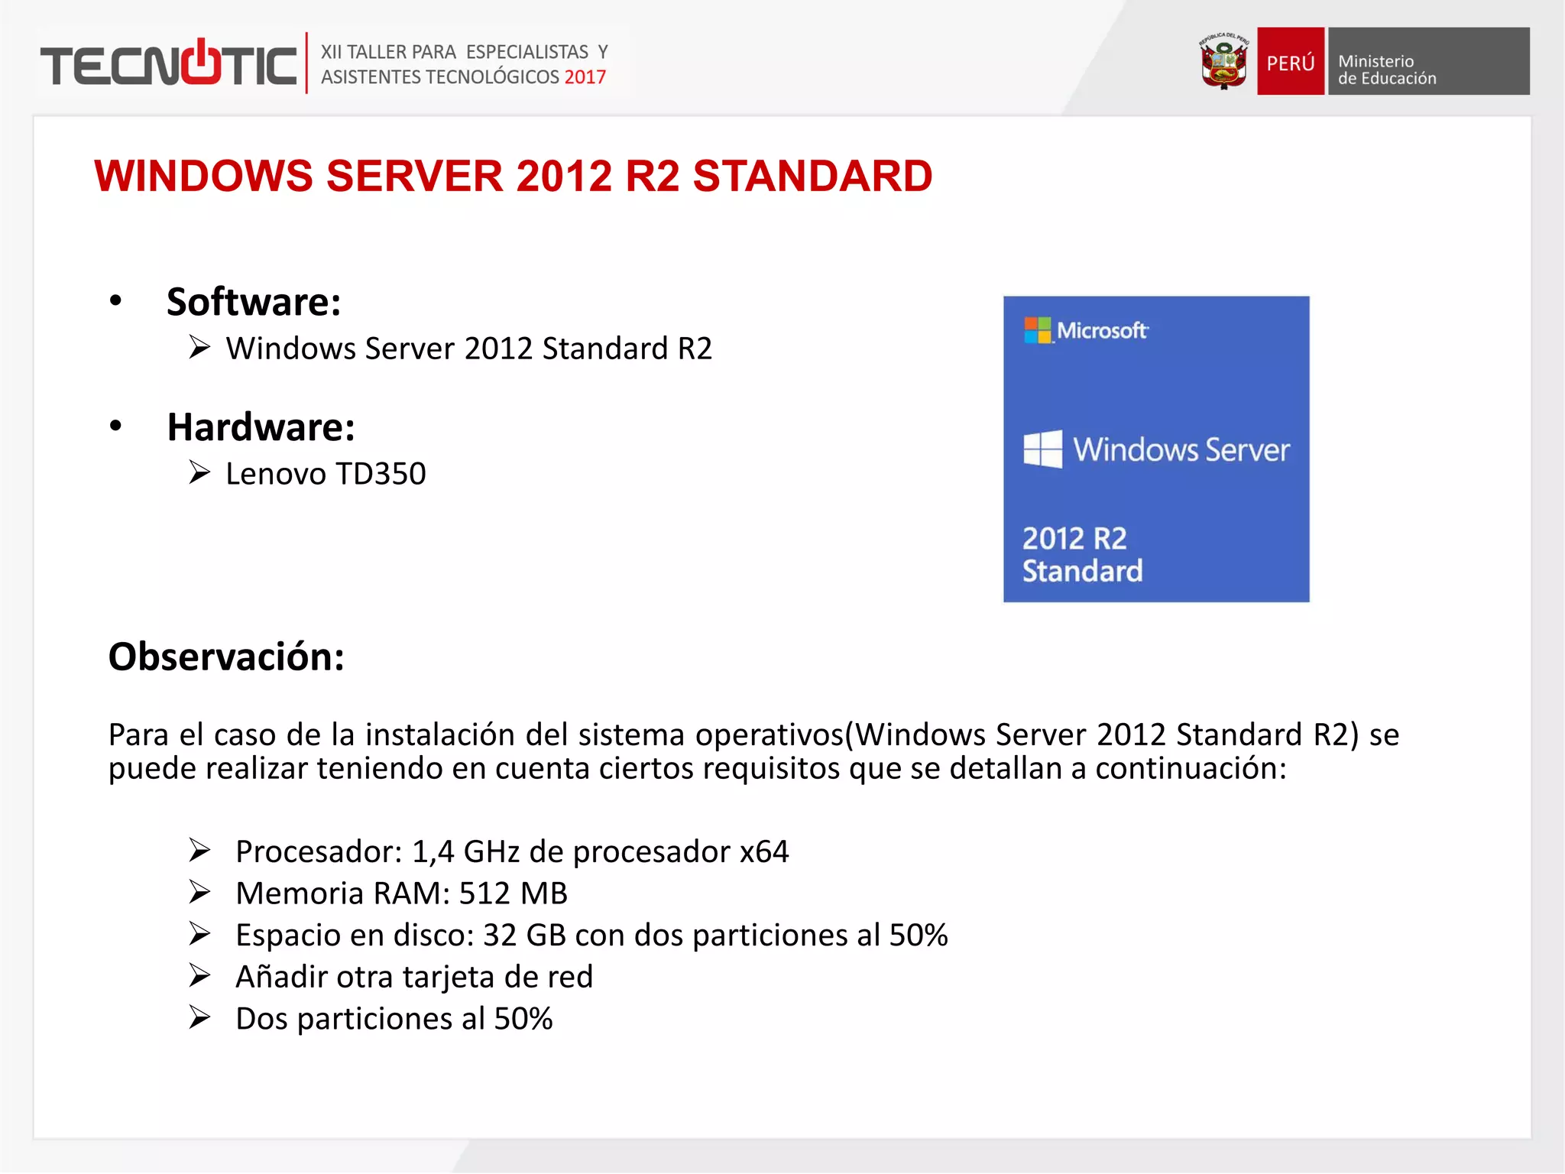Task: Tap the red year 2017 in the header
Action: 585,77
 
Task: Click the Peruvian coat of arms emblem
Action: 1223,61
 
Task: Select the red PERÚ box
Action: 1290,62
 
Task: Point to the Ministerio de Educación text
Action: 1386,70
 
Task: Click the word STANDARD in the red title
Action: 812,177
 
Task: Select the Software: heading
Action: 254,302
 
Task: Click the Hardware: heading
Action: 261,427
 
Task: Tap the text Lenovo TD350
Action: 326,474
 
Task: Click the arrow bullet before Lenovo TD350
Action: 199,473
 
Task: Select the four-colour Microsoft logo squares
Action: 1037,330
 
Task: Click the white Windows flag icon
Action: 1042,449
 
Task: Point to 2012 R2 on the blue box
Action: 1074,539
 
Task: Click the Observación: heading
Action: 226,657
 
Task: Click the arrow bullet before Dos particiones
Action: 199,1018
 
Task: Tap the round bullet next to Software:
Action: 115,300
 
